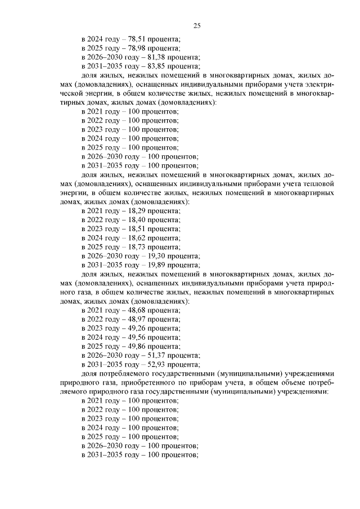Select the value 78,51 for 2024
pos(137,39)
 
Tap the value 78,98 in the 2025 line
pos(137,48)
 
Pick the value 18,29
pos(137,211)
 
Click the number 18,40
pos(137,220)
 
